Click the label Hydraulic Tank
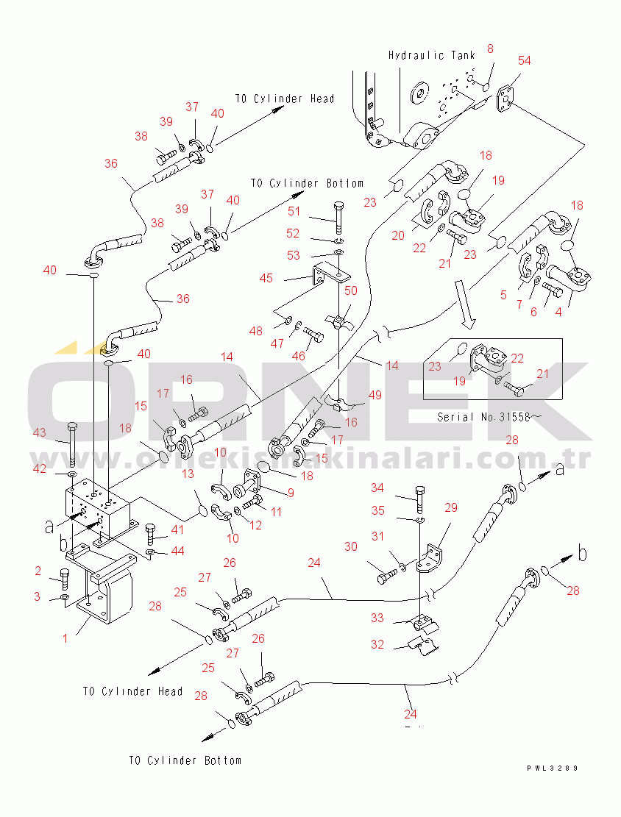431,55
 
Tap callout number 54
525,60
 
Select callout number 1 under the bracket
65,638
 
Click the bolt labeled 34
419,499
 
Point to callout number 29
451,507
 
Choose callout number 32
377,645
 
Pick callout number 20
399,236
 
